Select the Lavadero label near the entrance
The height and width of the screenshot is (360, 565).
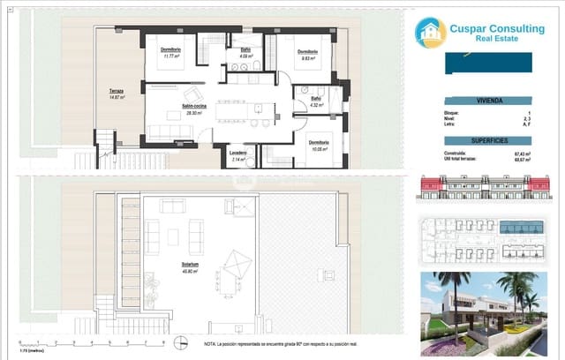238,154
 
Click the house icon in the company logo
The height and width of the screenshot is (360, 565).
431,33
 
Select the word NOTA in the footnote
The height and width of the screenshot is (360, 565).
210,342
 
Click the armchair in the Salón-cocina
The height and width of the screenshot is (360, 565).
193,94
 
